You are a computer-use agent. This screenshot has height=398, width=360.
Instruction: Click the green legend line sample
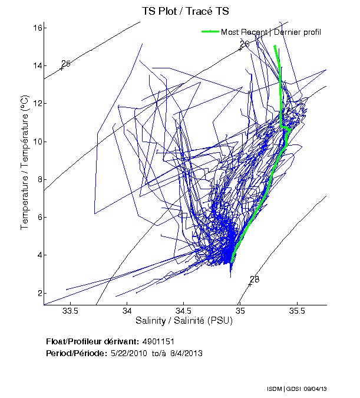pos(210,32)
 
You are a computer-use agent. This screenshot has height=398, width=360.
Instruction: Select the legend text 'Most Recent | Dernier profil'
pos(271,32)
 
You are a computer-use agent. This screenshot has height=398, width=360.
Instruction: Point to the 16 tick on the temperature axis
pos(37,28)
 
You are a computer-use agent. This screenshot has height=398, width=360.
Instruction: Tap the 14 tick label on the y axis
pos(37,65)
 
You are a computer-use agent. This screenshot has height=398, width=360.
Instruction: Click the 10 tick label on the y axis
pos(37,142)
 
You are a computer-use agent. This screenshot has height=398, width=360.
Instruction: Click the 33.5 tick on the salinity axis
pos(70,310)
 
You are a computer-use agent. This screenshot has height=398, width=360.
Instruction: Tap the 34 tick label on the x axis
pos(127,310)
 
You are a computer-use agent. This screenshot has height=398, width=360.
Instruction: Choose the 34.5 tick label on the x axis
pos(183,310)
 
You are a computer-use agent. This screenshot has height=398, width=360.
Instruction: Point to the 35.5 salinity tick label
pos(298,310)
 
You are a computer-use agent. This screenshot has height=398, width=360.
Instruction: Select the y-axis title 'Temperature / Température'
pos(25,162)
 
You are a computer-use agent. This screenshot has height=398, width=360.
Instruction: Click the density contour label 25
pos(66,64)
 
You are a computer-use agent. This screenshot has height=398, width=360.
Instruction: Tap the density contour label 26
pos(245,44)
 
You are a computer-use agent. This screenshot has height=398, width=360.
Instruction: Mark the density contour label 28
pos(255,279)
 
